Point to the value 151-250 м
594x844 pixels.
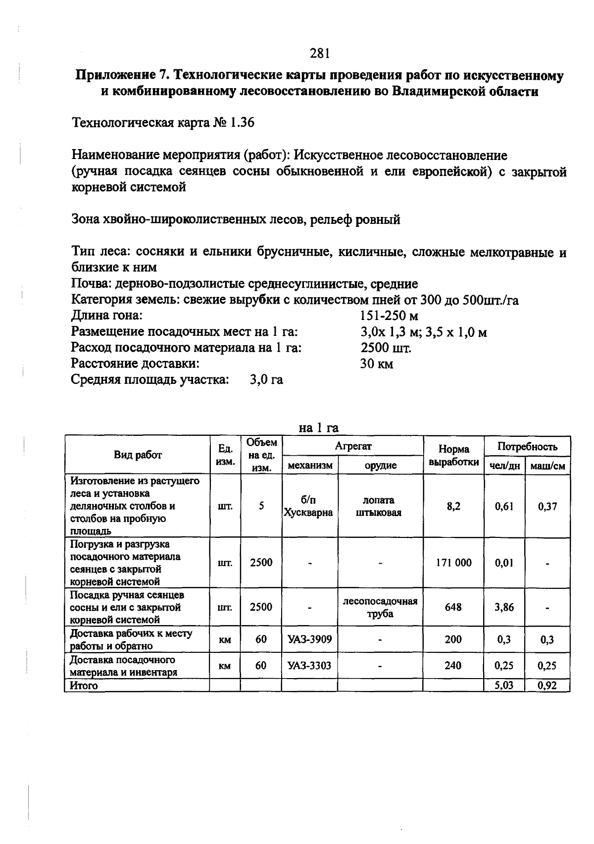[x=389, y=316]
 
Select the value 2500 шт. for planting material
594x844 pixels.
[x=386, y=348]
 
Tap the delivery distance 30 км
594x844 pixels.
[x=376, y=364]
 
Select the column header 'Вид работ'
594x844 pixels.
[x=138, y=455]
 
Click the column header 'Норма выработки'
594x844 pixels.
[x=453, y=455]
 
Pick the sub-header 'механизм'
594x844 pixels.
[x=310, y=466]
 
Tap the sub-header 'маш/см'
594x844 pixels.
[x=547, y=466]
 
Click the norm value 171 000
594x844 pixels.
[x=453, y=563]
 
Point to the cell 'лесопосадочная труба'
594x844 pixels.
[x=380, y=607]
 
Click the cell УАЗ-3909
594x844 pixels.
[x=309, y=639]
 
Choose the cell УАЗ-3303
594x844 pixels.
[x=309, y=666]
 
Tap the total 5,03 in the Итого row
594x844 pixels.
[x=504, y=686]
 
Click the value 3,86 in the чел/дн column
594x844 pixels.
[x=504, y=607]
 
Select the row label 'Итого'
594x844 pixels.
[x=84, y=686]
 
